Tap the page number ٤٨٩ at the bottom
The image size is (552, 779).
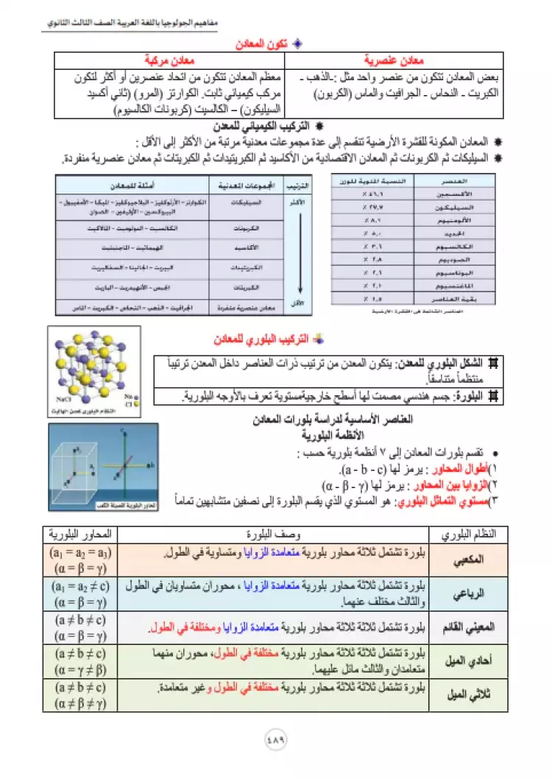[276, 738]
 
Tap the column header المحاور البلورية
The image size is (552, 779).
[80, 534]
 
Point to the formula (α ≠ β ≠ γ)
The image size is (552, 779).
[80, 703]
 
